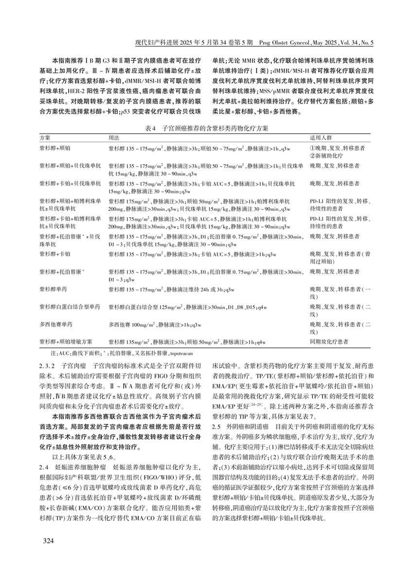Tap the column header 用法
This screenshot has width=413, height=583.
pyautogui.click(x=113, y=138)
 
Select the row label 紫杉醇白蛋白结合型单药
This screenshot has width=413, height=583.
pyautogui.click(x=70, y=307)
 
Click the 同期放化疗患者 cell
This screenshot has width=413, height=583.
pyautogui.click(x=329, y=342)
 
